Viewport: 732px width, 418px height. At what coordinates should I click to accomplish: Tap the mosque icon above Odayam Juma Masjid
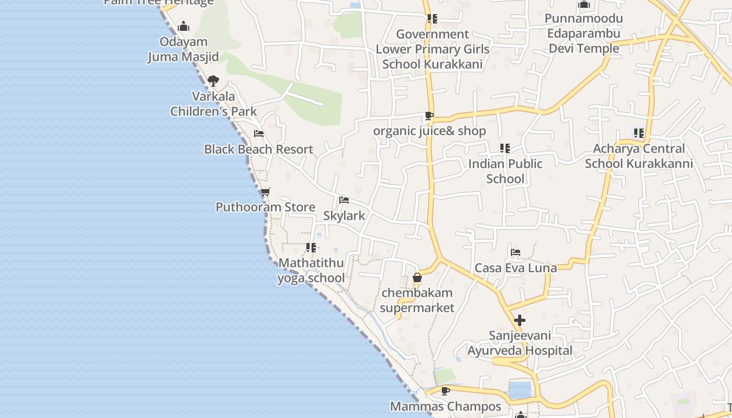click(184, 26)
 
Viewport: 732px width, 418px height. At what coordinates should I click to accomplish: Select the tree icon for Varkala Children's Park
click(213, 81)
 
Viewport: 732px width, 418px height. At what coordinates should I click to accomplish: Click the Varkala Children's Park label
click(214, 103)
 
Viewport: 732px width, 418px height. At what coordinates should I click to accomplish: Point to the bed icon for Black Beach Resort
click(259, 134)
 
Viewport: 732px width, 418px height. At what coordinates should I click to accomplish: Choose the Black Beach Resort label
click(259, 149)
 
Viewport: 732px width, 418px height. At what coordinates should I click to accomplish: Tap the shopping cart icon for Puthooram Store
click(266, 192)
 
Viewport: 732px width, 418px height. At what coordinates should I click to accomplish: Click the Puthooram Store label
click(266, 207)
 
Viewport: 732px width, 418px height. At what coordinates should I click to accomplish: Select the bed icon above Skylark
click(344, 200)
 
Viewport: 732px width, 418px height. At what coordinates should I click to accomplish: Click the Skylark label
click(344, 215)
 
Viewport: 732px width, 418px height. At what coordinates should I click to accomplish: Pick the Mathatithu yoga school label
click(311, 270)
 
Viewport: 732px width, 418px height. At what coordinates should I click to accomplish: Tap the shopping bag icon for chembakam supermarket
click(417, 277)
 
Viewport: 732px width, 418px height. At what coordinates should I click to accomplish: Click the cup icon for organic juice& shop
click(429, 115)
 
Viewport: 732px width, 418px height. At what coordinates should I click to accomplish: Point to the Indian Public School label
click(505, 171)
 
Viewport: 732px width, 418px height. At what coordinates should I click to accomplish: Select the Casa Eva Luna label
click(516, 268)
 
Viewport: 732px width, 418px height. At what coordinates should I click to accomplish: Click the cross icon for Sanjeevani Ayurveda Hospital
click(520, 320)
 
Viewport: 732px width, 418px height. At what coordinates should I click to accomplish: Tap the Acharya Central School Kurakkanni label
click(639, 156)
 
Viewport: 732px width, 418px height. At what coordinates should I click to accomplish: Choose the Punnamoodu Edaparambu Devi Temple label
click(584, 33)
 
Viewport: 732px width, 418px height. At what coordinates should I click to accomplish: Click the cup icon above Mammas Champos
click(445, 391)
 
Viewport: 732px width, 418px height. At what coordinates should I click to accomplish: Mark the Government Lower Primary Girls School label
click(432, 49)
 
